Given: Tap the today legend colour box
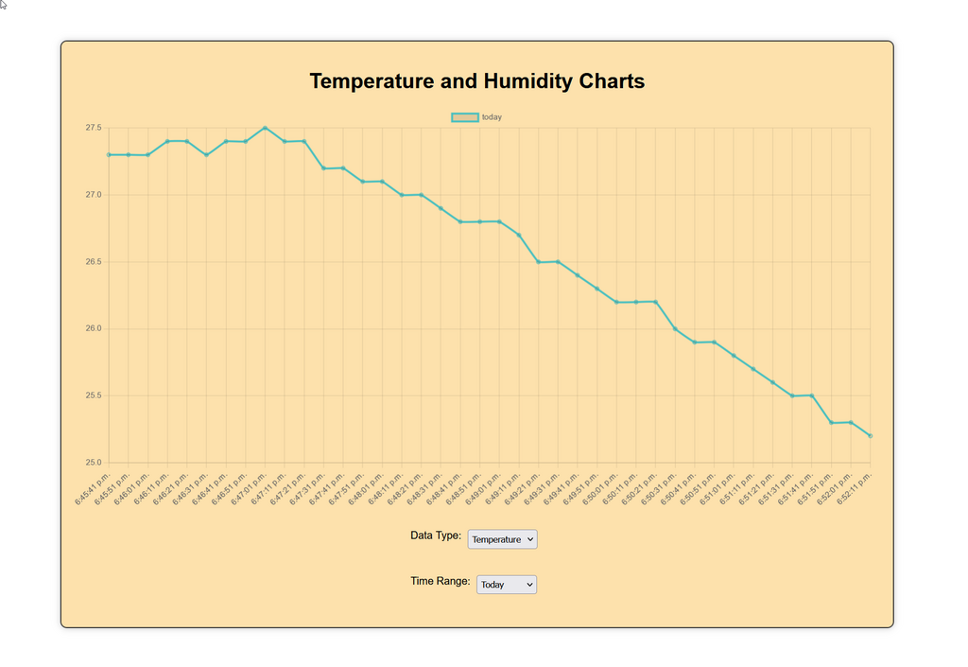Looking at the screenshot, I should [464, 117].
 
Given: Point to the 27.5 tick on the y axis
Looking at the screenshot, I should [93, 128].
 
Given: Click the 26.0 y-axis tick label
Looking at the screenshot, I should [93, 329].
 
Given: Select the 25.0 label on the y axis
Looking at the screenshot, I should [93, 463].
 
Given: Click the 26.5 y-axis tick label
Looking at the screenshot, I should [93, 262].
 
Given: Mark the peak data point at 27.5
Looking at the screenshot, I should [265, 128].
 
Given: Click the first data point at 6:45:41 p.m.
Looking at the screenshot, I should [109, 154].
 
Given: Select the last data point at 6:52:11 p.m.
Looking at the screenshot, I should [870, 436].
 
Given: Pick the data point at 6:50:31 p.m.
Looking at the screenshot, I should [675, 329].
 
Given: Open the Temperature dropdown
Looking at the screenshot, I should [502, 539].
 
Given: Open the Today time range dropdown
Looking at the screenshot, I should [506, 585].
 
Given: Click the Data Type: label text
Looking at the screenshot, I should [436, 535].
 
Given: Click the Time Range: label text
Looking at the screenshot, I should [440, 581].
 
